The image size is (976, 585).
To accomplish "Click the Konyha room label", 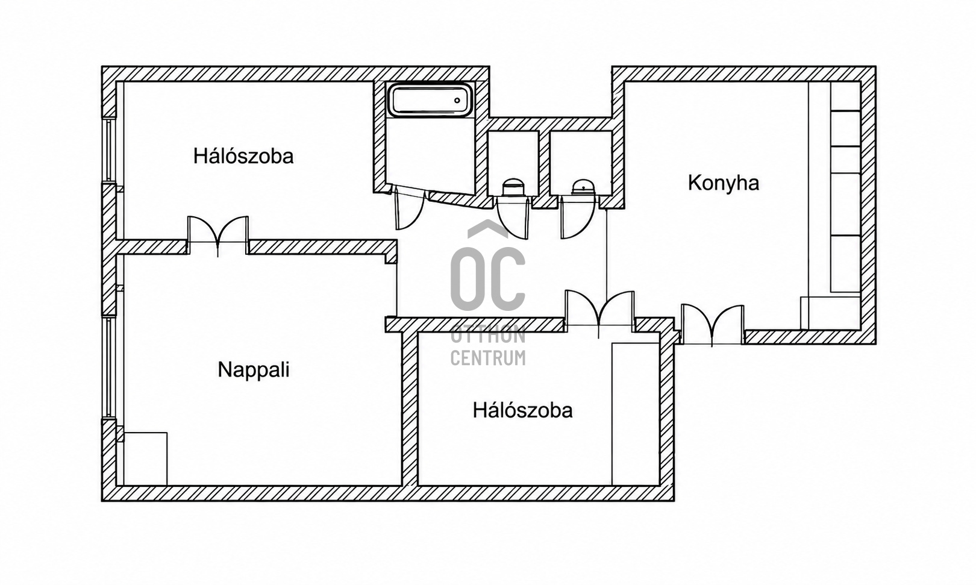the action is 724,183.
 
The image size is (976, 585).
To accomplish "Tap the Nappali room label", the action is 253,370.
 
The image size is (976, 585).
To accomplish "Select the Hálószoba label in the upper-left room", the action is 243,156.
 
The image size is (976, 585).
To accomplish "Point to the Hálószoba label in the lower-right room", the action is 522,410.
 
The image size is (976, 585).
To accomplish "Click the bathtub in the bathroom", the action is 430,100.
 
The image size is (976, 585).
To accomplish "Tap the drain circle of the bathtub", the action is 457,101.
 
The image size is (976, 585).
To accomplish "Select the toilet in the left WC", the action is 513,187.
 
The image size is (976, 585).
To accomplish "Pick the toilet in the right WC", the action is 583,188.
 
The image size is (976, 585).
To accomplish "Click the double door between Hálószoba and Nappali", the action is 218,235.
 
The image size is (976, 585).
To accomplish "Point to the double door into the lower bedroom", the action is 599,311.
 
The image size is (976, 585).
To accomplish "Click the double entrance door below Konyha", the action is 712,325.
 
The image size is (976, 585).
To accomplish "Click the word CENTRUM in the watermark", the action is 488,358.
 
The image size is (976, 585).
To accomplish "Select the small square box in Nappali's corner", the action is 145,458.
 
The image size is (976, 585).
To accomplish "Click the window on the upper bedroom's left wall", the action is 109,149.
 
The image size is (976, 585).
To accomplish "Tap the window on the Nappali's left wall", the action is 109,367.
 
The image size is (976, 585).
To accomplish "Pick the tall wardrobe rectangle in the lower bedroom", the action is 636,414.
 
